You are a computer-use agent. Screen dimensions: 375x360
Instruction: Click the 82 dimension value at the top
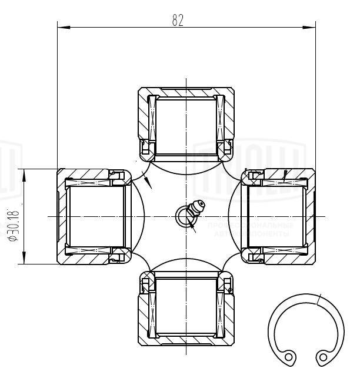tap(178, 19)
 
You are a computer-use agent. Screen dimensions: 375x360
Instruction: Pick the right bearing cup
tap(279, 216)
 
